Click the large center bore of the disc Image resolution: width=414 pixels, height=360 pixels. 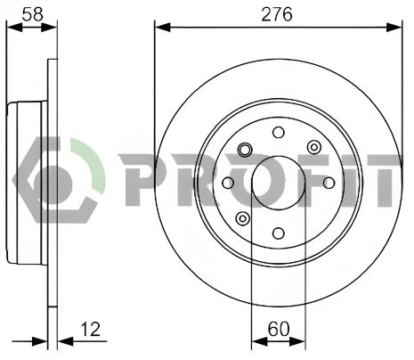[278, 183]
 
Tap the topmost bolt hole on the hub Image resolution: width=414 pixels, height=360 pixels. [278, 132]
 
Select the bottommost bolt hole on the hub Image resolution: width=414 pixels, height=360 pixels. [278, 233]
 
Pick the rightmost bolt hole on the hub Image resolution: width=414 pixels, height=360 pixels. [329, 183]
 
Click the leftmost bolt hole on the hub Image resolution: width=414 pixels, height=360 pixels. [227, 183]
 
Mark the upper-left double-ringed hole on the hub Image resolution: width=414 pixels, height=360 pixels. [242, 147]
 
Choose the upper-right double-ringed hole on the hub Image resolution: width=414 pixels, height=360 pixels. [313, 147]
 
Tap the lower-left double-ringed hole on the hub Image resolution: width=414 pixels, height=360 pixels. [242, 218]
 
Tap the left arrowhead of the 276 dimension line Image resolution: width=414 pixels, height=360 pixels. [161, 27]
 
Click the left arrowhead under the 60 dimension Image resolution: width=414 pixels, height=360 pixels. [257, 340]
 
